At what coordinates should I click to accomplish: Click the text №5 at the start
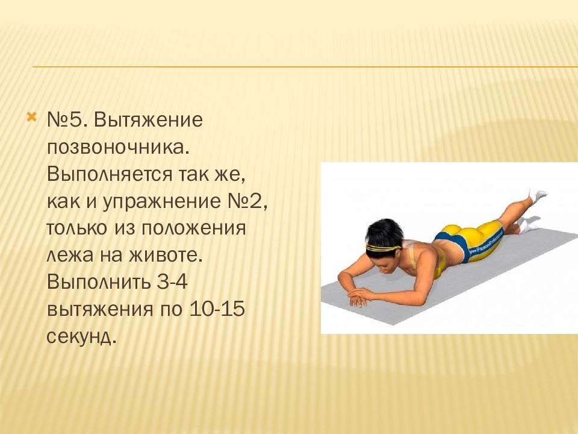point(64,119)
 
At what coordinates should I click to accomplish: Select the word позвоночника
point(117,146)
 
